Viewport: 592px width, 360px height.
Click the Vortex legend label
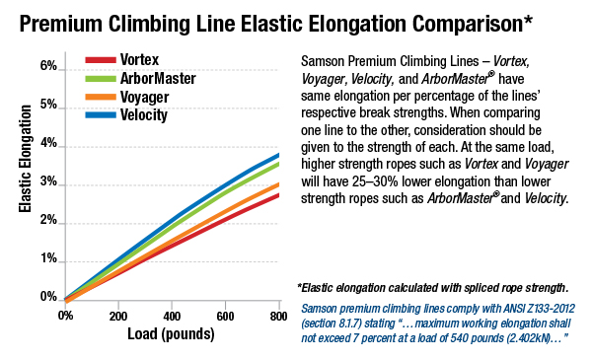point(142,60)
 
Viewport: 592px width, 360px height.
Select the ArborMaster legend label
point(158,78)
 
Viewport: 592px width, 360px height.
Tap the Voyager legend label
point(146,97)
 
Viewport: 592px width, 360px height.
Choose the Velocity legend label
point(146,115)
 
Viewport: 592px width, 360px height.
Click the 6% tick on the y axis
point(49,66)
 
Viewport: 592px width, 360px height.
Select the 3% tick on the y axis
point(49,181)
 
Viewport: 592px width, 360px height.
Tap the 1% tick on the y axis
point(49,258)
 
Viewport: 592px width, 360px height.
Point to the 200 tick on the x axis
point(116,315)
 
